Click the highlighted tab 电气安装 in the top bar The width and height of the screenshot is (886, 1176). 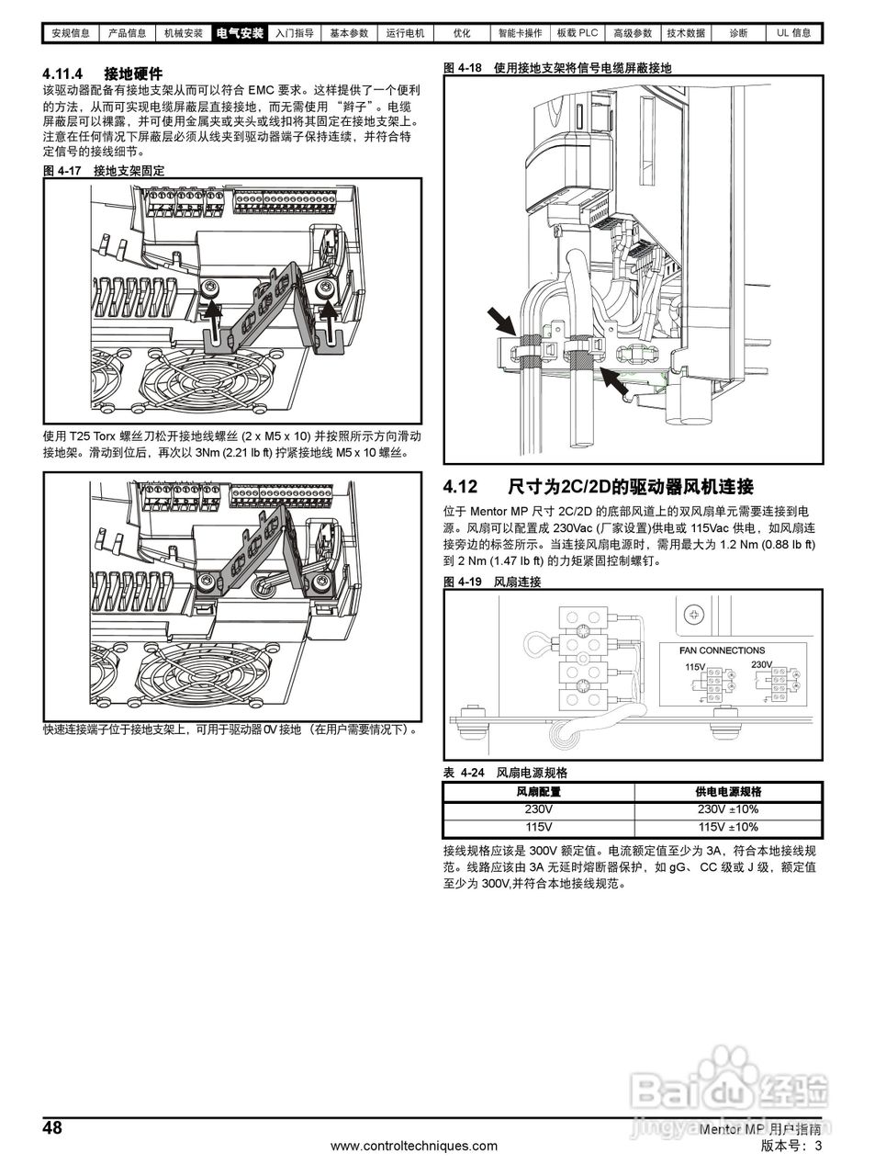240,33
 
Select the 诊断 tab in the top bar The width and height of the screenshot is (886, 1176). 738,33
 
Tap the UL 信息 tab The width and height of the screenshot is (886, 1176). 794,33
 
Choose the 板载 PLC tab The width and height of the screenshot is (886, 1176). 577,33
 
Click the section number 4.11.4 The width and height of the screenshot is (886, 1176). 63,73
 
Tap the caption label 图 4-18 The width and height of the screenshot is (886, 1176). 463,68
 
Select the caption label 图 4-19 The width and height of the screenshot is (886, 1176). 463,582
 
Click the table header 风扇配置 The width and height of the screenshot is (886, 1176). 538,791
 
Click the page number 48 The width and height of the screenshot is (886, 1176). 53,1128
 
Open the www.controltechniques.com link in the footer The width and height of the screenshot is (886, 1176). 413,1146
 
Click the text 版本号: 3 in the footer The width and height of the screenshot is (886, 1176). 791,1146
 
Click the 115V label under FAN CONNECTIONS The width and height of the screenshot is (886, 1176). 694,666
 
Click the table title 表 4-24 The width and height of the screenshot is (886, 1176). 463,773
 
